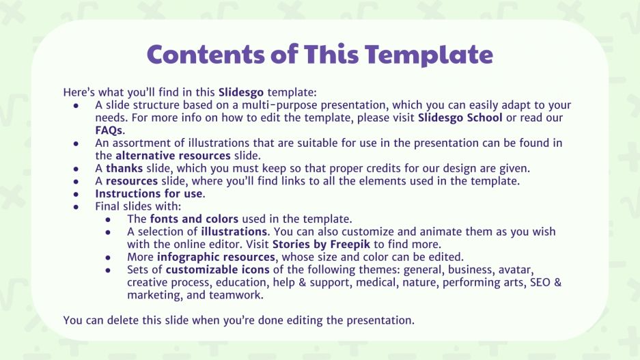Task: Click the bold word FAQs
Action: pyautogui.click(x=109, y=130)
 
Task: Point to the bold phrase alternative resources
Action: pyautogui.click(x=178, y=156)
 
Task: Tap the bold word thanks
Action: pyautogui.click(x=123, y=169)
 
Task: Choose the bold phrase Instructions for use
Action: pyautogui.click(x=149, y=194)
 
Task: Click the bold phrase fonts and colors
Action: pyautogui.click(x=194, y=219)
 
